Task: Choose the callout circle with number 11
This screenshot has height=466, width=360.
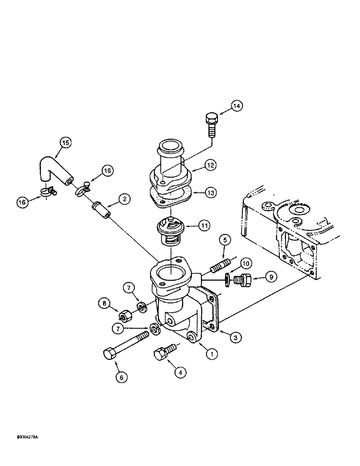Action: click(x=205, y=225)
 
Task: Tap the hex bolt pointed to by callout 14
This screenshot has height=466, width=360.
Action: click(x=210, y=123)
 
